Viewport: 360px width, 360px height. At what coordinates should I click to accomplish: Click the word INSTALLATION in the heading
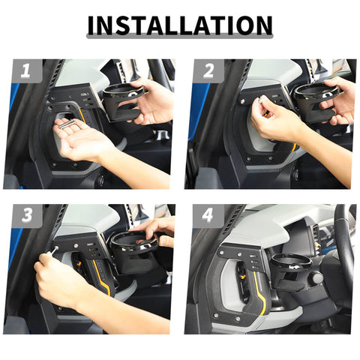pyautogui.click(x=180, y=25)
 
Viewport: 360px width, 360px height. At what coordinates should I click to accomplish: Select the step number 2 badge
pyautogui.click(x=208, y=73)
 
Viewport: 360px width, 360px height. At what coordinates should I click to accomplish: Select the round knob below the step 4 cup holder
pyautogui.click(x=316, y=279)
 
